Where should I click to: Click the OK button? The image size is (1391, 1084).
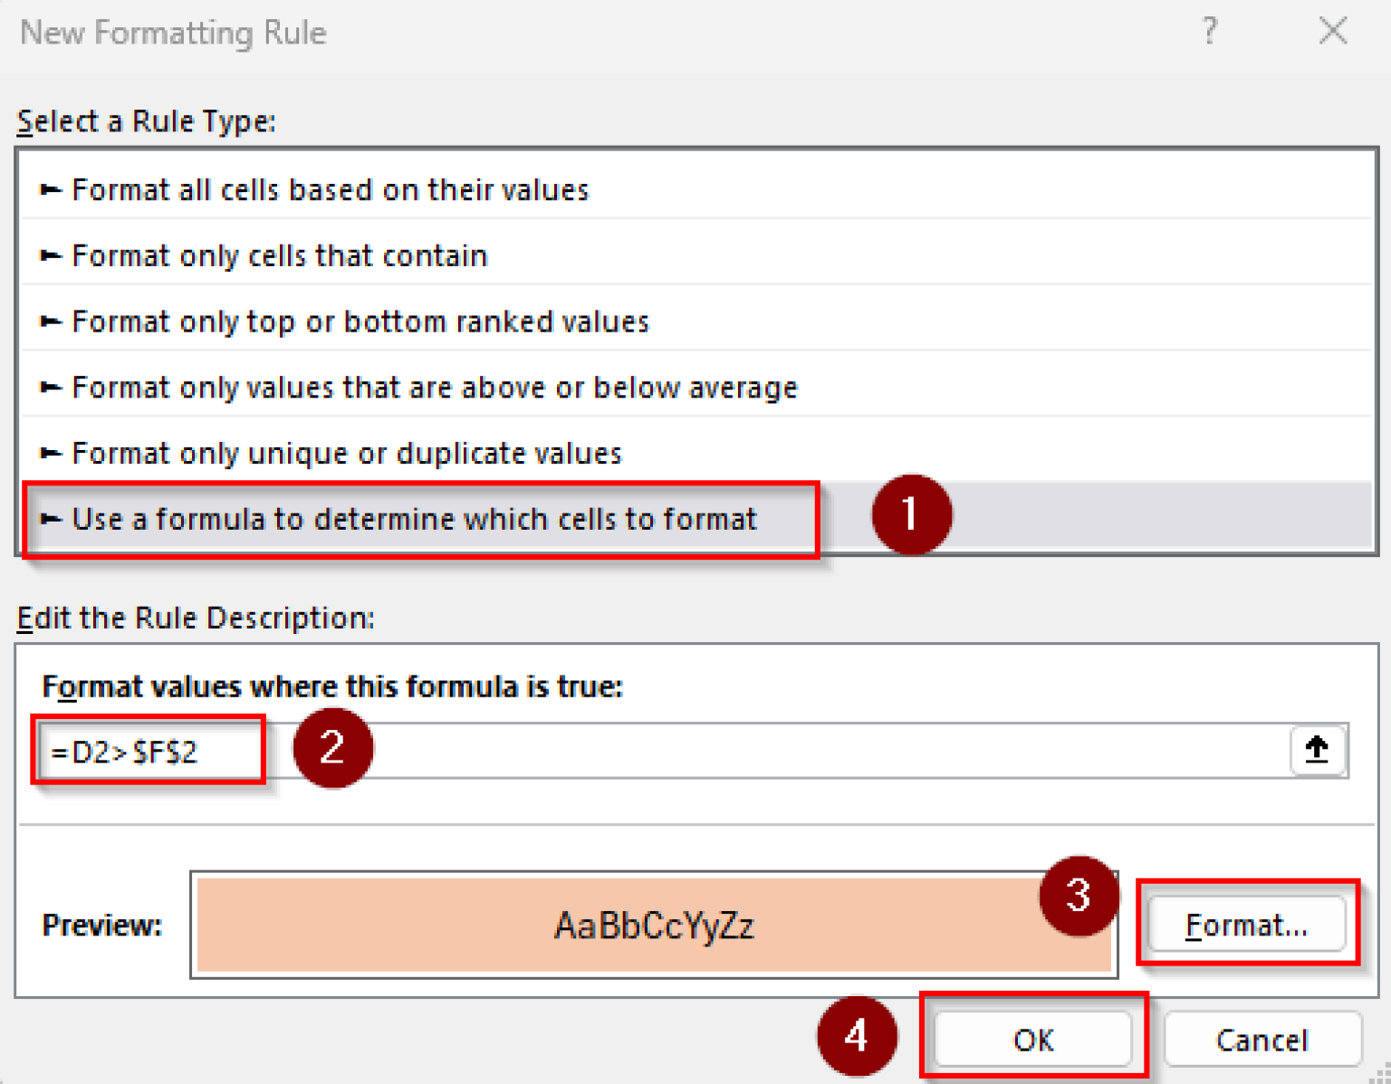point(1032,1039)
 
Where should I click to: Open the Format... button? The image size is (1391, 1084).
point(1246,925)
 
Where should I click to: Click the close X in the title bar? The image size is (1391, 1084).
point(1332,32)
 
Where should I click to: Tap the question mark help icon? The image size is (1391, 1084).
point(1210,32)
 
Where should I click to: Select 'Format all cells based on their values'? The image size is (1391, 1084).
point(330,190)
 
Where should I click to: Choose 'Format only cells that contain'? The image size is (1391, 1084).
point(279,256)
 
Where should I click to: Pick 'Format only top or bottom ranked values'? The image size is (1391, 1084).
point(360,322)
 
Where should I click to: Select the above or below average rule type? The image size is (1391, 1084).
point(434,388)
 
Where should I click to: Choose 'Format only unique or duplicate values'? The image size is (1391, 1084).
point(346,453)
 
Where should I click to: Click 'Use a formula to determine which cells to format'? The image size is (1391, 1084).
point(413,519)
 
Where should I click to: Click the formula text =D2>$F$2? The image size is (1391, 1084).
point(124,752)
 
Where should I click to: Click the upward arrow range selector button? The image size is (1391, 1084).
point(1317,750)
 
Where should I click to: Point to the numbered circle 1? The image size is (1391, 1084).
point(911,514)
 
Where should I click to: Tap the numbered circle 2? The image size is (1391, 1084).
point(332,748)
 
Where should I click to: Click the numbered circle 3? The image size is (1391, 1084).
point(1078,896)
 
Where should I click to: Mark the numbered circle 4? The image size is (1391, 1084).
point(856,1035)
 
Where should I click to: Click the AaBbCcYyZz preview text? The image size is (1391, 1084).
point(653,926)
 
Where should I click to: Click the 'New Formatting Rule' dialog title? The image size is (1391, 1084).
point(173,33)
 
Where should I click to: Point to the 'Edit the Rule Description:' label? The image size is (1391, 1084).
point(196,618)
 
